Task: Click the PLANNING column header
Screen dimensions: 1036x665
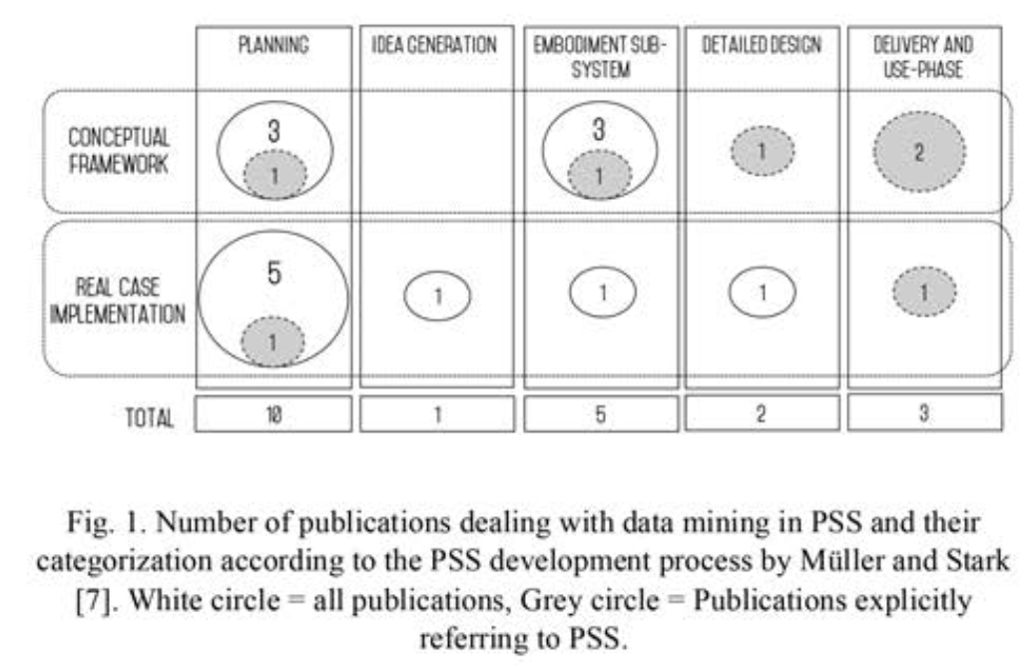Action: coord(273,45)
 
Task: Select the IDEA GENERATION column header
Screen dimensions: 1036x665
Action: coord(434,45)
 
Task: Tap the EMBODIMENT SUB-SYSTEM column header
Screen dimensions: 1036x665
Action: coord(600,57)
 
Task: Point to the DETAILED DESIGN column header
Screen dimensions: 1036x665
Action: coord(762,45)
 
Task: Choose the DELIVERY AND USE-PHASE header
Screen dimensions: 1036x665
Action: coord(923,57)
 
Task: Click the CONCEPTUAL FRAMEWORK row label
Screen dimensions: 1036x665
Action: coord(119,151)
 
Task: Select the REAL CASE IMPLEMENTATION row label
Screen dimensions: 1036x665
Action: coord(118,301)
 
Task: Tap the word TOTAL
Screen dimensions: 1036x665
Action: coord(150,417)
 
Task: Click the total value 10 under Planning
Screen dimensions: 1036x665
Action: coord(273,414)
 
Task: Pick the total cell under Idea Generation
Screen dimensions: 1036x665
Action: coord(437,413)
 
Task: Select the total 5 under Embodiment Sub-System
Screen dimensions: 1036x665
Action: coord(600,414)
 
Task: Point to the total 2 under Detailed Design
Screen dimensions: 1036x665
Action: coord(762,413)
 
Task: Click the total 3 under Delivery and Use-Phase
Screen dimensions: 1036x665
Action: coord(923,413)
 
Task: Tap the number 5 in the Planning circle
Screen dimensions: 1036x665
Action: coord(274,273)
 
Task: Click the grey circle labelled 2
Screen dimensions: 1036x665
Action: coord(919,152)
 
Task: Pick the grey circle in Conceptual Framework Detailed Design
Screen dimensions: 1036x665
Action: coord(762,151)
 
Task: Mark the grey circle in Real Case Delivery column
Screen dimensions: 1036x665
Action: coord(924,292)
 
